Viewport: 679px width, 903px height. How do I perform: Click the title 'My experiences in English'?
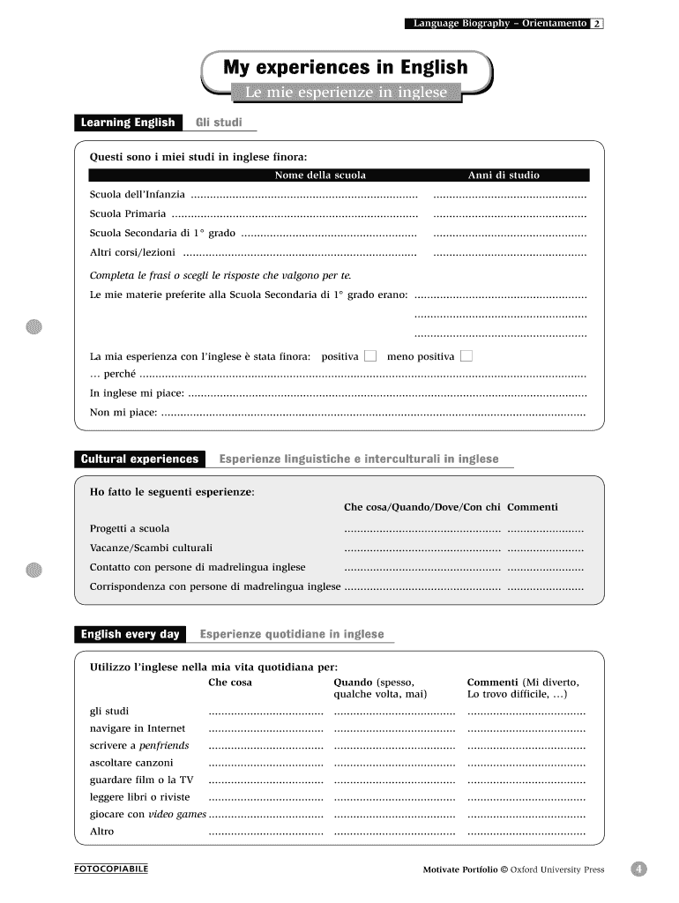pos(345,67)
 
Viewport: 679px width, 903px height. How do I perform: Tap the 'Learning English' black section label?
pos(128,123)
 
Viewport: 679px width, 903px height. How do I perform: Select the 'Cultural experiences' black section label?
pos(139,459)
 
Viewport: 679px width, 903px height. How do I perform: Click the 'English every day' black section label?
pos(130,634)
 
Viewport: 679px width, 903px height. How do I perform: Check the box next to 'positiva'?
pos(370,356)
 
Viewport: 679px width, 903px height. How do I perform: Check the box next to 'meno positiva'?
pos(466,356)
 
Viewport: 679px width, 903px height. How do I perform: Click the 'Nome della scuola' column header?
pos(320,175)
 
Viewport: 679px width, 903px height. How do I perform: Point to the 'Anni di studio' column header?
pos(504,175)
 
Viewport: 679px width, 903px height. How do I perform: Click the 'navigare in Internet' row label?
pos(138,728)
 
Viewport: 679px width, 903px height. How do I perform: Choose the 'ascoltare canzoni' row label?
pos(131,763)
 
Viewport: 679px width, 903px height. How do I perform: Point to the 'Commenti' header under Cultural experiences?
pos(533,507)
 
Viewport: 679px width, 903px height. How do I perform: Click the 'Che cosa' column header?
pos(229,683)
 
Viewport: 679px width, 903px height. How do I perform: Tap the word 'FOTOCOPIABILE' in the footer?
pos(111,869)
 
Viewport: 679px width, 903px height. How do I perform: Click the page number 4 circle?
pos(638,869)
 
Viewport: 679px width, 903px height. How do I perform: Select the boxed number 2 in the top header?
pos(597,24)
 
